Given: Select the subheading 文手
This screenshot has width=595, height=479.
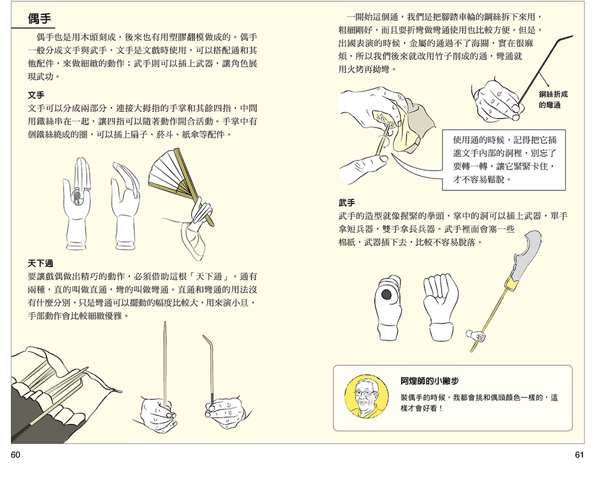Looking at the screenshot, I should (x=37, y=95).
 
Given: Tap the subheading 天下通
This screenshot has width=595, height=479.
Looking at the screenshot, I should (x=40, y=263).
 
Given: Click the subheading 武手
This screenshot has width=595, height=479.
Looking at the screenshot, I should (x=347, y=202).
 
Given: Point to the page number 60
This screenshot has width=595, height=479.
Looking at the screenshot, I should (x=16, y=455).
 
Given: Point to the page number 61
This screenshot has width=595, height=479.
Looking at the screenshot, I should (x=578, y=455).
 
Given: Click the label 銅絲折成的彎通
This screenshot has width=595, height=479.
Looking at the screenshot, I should (x=552, y=99).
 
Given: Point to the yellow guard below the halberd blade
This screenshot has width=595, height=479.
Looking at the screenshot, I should (x=512, y=278).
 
